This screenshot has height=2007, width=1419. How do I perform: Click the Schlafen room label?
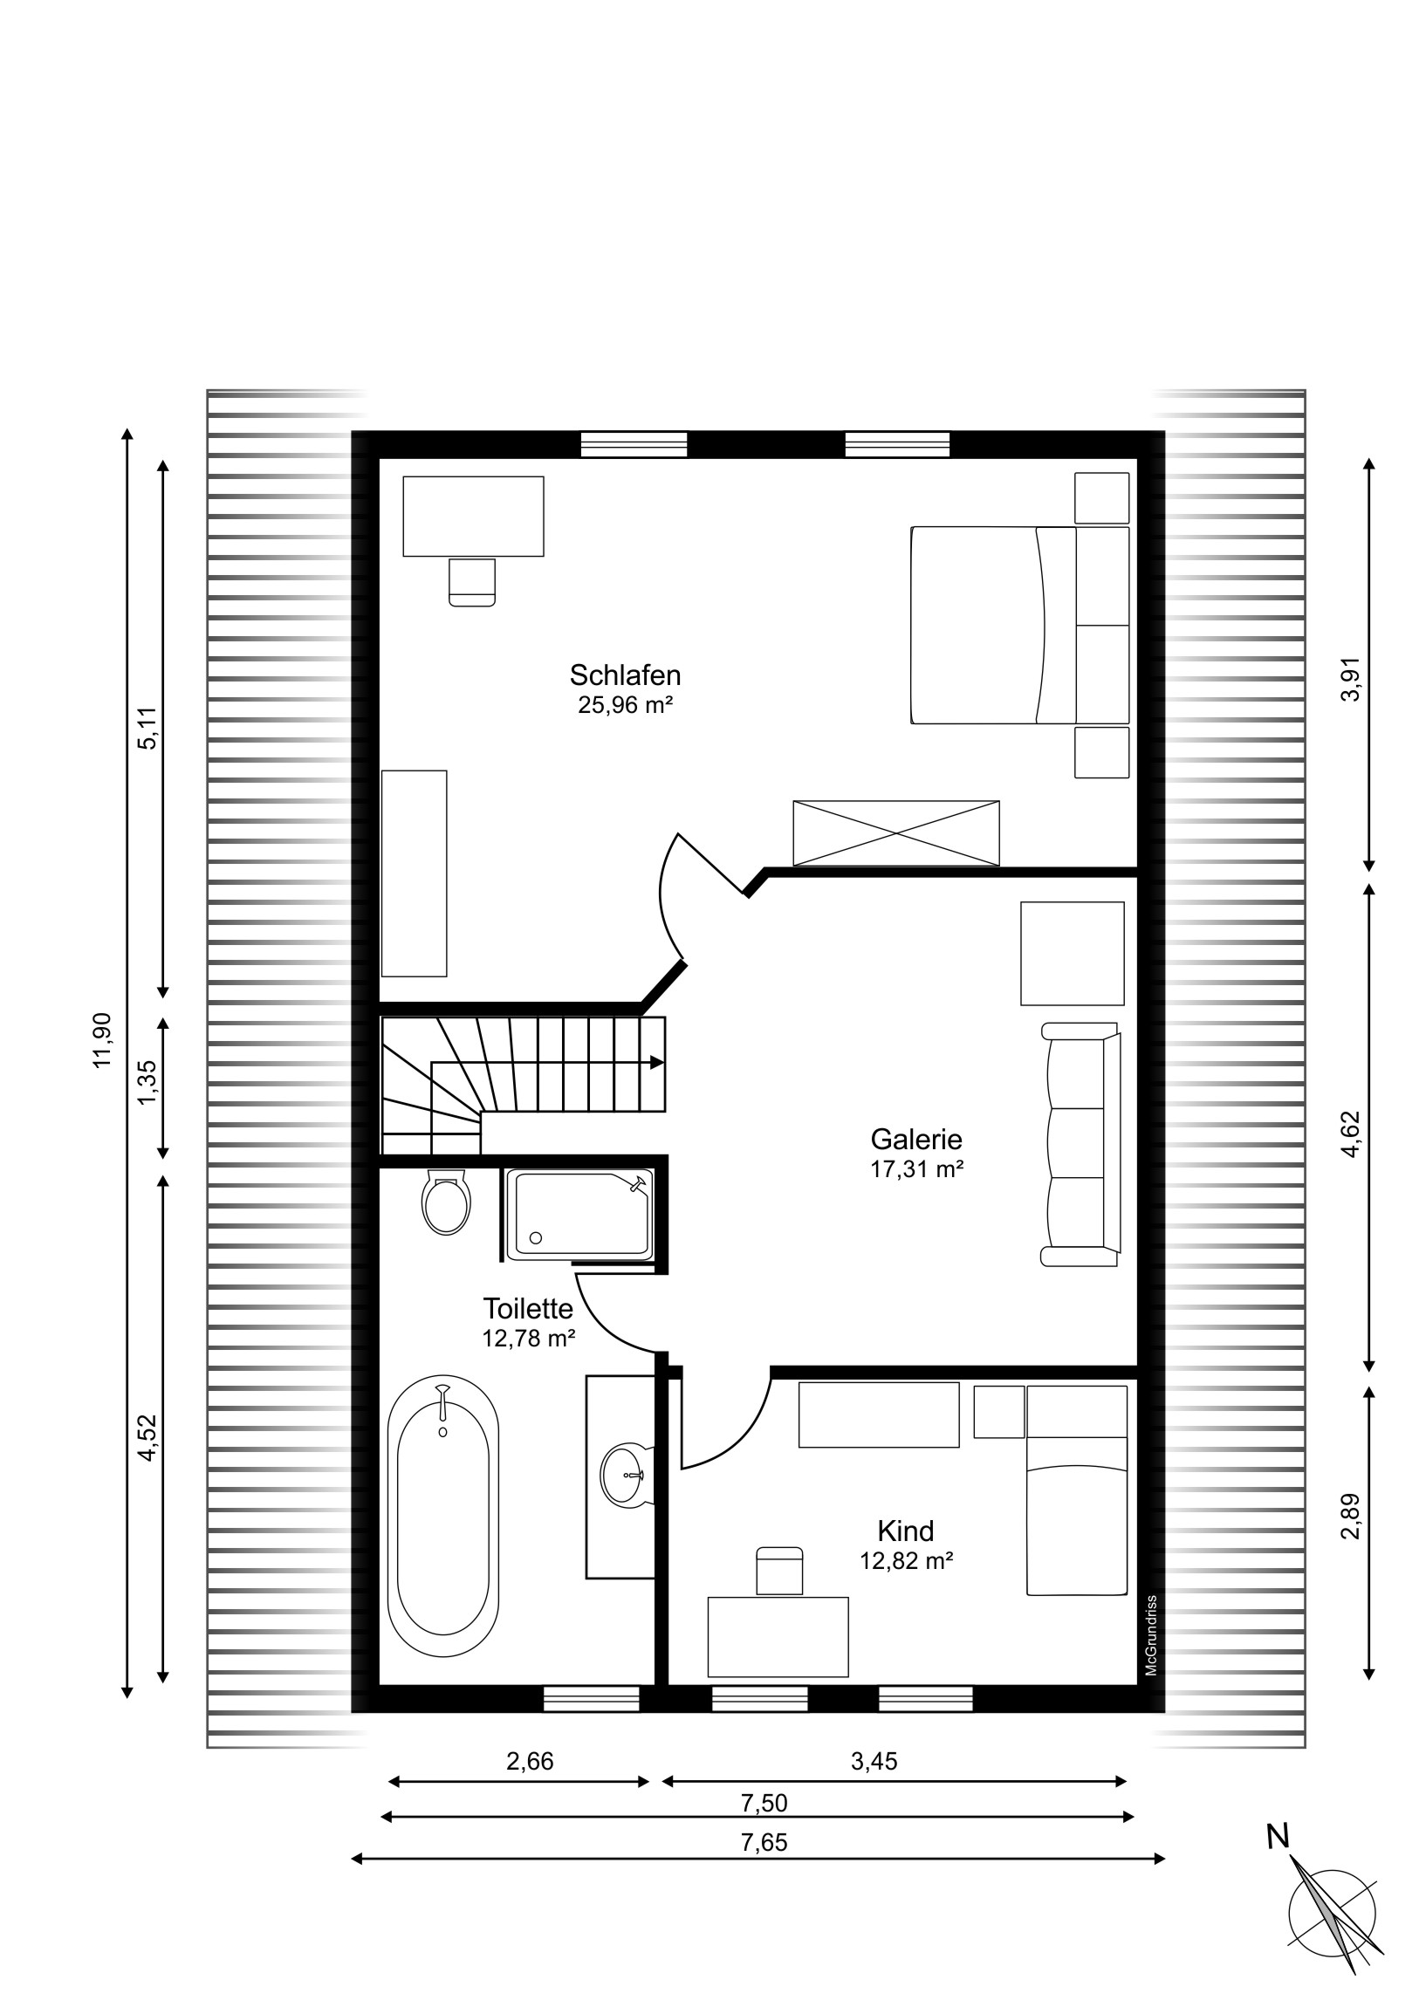coord(625,675)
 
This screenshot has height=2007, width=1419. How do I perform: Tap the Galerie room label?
coord(916,1139)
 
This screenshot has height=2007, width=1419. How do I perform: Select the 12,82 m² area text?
coord(906,1561)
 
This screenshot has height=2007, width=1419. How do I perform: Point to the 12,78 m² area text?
coord(528,1339)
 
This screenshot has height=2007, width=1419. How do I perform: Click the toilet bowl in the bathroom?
coord(446,1202)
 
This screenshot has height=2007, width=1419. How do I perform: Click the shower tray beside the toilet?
coord(579,1214)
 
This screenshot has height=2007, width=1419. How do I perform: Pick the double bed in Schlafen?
coord(1019,625)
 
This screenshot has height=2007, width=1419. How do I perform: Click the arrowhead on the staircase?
coord(656,1062)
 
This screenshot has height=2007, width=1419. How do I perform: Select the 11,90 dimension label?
coord(104,1039)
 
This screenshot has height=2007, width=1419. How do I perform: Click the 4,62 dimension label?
coord(1352,1134)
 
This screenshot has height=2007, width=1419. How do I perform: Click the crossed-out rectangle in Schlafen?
coord(896,833)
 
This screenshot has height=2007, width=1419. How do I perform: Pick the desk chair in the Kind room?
coord(779,1571)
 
